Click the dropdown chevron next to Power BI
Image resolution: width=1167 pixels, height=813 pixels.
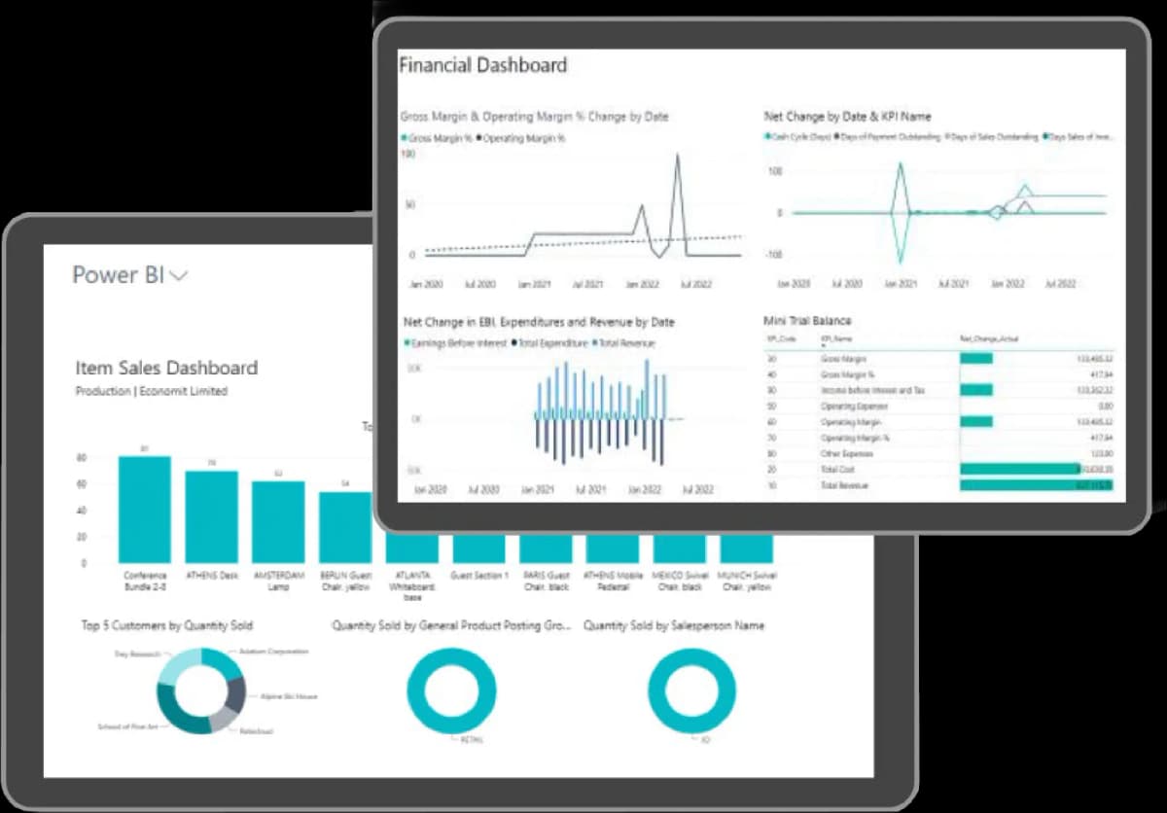[x=179, y=276]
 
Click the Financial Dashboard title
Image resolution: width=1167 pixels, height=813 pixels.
[x=482, y=66]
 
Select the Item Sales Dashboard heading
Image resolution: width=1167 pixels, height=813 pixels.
[x=166, y=368]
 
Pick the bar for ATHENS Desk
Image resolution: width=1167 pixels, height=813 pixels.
[x=212, y=515]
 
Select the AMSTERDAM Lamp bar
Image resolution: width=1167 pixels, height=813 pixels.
[x=278, y=521]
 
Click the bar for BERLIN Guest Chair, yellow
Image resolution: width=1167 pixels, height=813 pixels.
[x=345, y=526]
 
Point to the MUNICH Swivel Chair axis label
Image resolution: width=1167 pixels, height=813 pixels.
[x=746, y=581]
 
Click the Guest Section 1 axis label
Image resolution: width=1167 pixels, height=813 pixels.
[x=479, y=576]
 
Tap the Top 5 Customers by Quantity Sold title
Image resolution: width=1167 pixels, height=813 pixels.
[x=167, y=625]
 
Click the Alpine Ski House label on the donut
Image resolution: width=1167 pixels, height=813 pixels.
[x=288, y=696]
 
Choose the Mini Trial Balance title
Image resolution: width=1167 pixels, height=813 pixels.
[x=808, y=320]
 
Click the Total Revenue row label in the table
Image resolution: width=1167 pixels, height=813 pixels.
[x=843, y=484]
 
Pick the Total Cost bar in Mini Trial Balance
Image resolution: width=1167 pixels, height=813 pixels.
[x=1019, y=469]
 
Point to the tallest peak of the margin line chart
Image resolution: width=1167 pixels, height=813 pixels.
[x=677, y=156]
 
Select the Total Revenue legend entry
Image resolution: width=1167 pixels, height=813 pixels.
[x=626, y=343]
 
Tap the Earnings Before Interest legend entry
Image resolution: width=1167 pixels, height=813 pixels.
[x=453, y=343]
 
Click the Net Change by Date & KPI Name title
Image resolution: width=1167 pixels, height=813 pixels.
[x=847, y=117]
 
